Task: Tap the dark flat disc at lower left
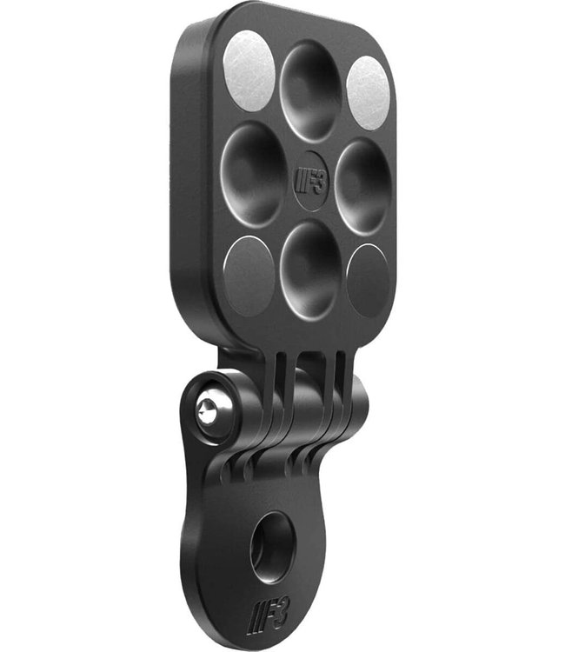point(249,276)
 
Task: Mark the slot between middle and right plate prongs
point(328,383)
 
